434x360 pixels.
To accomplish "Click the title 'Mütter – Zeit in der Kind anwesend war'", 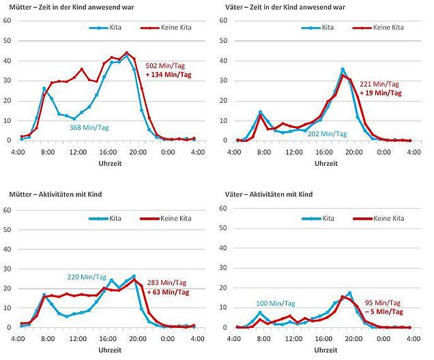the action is [x=72, y=7].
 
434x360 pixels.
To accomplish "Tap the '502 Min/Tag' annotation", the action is [x=165, y=66].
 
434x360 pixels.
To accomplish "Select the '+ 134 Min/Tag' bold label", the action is [x=169, y=74].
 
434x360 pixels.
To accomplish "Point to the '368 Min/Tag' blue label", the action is [x=89, y=127].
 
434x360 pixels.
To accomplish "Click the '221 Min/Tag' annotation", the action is [x=379, y=84].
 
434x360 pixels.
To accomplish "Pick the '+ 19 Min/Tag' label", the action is [x=380, y=93].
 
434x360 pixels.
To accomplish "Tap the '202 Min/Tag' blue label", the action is [x=327, y=134].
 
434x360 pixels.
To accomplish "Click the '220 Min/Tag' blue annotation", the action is [x=87, y=277].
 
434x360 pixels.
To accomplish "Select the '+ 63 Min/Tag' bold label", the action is [x=168, y=292].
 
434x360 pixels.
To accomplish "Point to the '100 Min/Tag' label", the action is [x=276, y=303].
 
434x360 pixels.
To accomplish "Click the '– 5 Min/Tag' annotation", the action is [x=384, y=312].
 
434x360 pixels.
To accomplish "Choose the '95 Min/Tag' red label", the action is [x=383, y=303].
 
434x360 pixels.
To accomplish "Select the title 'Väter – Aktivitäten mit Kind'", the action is [x=269, y=194].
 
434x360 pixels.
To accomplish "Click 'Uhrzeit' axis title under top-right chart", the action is [x=326, y=164].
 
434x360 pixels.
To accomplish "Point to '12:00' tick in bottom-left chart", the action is [x=78, y=339].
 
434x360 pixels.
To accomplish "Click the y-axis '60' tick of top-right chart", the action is [x=223, y=20].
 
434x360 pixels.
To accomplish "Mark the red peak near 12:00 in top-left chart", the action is [x=82, y=69].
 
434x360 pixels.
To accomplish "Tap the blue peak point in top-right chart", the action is [x=343, y=70].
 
